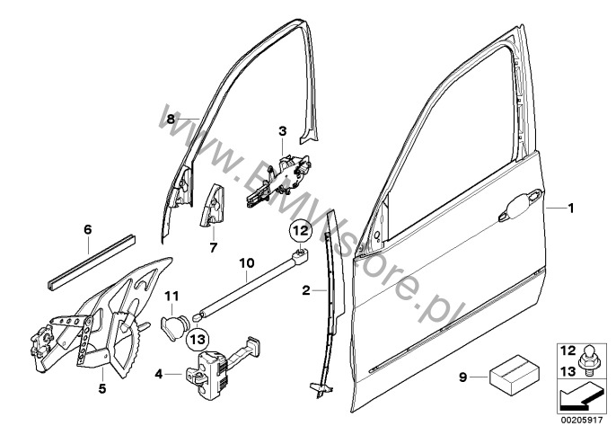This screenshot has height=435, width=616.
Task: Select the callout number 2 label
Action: point(305,291)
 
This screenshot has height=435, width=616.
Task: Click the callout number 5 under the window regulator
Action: point(101,389)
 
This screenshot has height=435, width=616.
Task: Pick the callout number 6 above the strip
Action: point(87,230)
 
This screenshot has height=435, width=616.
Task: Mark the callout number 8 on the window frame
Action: point(171,119)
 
